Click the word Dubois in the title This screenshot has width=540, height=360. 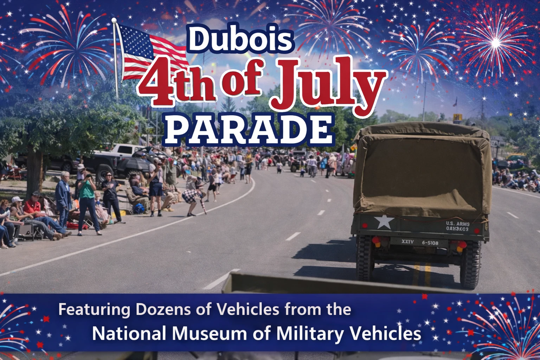click(241, 39)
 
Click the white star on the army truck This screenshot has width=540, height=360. click(384, 222)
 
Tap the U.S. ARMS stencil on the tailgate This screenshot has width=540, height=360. click(457, 224)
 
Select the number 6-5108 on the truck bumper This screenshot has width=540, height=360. click(430, 243)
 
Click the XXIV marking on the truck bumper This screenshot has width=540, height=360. click(407, 242)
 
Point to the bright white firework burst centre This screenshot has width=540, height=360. click(495, 43)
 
